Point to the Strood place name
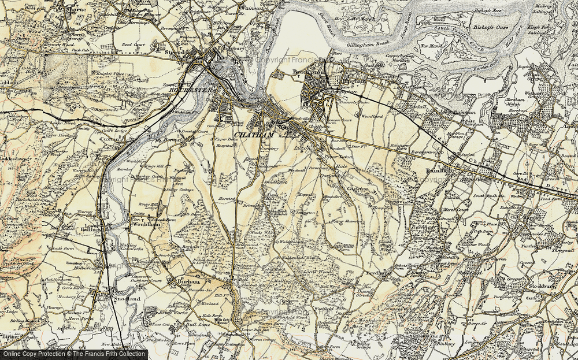[175, 53]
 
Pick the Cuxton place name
[104, 140]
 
